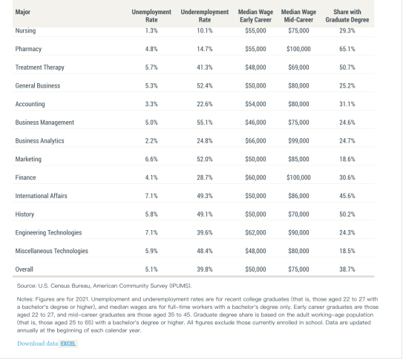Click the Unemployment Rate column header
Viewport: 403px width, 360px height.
point(151,16)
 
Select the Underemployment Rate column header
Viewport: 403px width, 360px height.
point(205,16)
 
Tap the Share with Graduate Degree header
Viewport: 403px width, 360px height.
point(347,16)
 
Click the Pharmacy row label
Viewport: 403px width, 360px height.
point(28,49)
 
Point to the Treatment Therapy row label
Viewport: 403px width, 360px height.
point(39,68)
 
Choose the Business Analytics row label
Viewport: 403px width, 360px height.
point(39,141)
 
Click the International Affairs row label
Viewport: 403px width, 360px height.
point(41,196)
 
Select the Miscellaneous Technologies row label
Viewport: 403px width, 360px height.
point(51,251)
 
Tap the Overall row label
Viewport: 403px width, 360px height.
point(24,269)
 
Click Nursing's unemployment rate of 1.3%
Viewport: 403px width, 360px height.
point(151,30)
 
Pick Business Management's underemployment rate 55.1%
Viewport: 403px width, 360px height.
point(205,122)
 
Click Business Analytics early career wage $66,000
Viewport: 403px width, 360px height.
point(255,141)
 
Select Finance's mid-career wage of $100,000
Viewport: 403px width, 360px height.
point(298,177)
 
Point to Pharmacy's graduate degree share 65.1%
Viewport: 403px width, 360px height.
point(347,49)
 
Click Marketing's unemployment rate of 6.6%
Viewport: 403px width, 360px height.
point(151,160)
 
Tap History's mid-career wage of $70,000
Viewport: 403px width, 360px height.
point(298,215)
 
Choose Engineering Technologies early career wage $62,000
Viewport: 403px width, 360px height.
point(255,232)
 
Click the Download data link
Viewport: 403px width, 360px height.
point(38,344)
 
